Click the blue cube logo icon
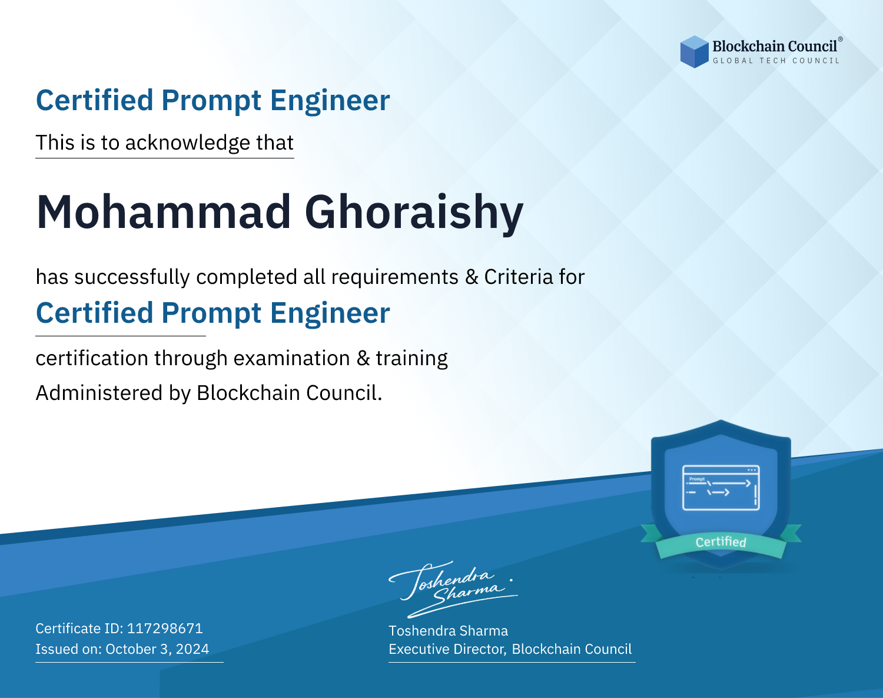[x=694, y=52]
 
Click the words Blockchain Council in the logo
[x=775, y=47]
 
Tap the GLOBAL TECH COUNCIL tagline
[x=776, y=61]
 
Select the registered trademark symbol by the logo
[x=840, y=39]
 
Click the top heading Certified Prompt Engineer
[x=213, y=100]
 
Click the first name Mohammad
[x=163, y=212]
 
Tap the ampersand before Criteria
[x=472, y=277]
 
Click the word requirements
[x=395, y=277]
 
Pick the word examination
[x=291, y=358]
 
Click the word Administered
[x=99, y=393]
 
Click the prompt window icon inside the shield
[x=721, y=488]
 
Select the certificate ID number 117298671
[x=165, y=628]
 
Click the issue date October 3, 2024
[x=157, y=649]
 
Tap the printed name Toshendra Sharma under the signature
[x=448, y=631]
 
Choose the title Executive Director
[x=446, y=649]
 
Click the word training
[x=411, y=359]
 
